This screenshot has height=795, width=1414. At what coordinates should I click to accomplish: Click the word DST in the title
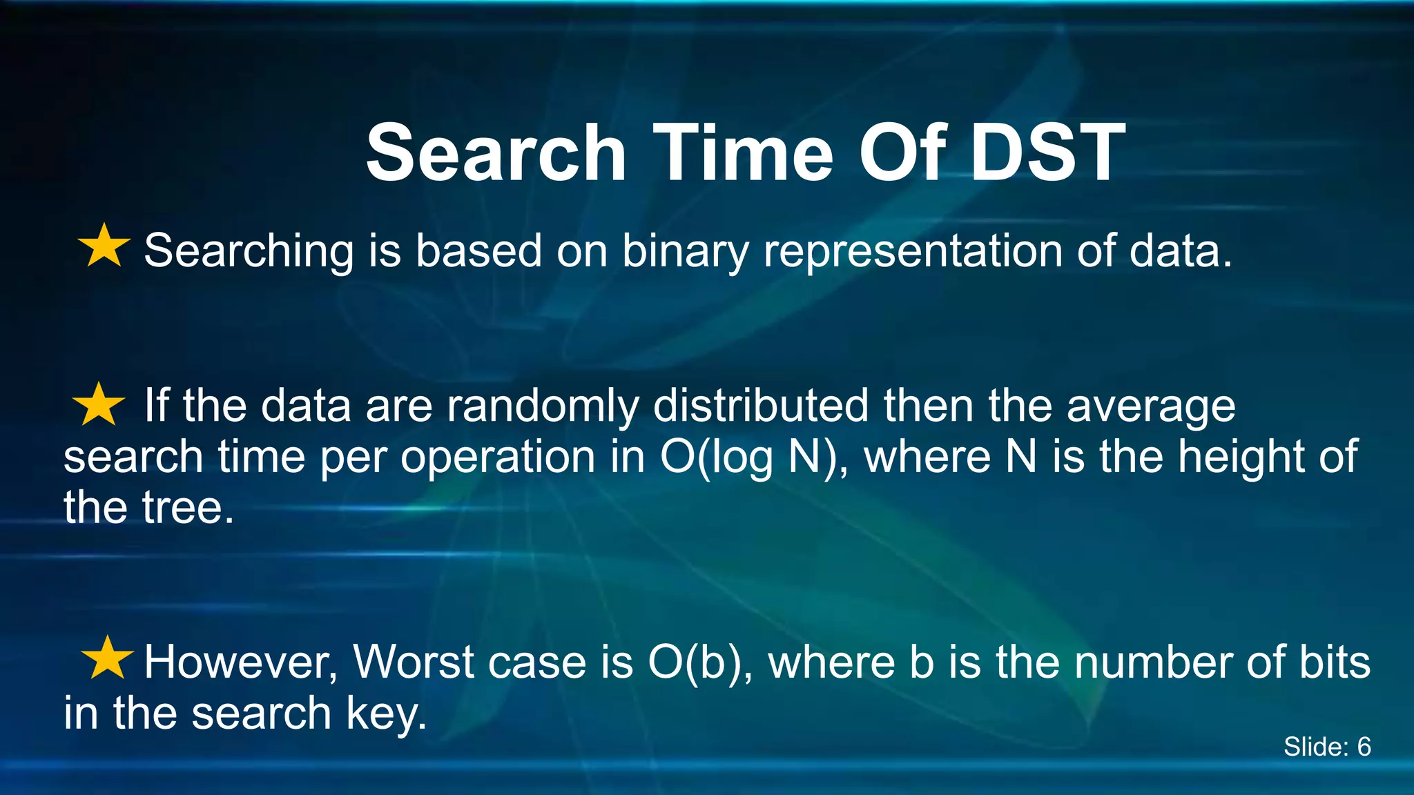pyautogui.click(x=1047, y=153)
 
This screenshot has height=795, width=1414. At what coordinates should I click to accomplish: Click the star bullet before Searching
pyautogui.click(x=104, y=246)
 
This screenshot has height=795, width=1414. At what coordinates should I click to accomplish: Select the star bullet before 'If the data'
pyautogui.click(x=99, y=404)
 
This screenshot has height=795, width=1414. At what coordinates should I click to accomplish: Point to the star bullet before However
pyautogui.click(x=107, y=658)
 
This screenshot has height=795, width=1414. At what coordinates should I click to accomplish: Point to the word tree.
pyautogui.click(x=181, y=509)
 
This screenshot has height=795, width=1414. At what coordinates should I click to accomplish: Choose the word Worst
pyautogui.click(x=413, y=662)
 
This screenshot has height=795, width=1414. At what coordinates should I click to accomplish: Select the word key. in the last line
pyautogui.click(x=386, y=714)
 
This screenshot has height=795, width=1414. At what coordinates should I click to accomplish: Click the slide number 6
pyautogui.click(x=1364, y=747)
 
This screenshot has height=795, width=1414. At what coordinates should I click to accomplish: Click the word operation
pyautogui.click(x=498, y=458)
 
